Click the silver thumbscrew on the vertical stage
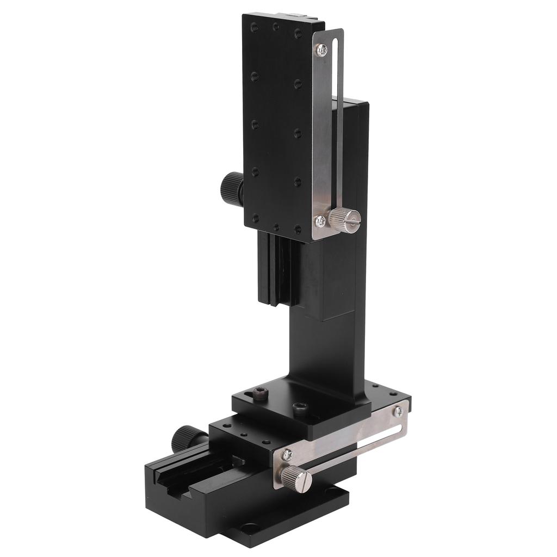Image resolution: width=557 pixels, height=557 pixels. click(345, 220)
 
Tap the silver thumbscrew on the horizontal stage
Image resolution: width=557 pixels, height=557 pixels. click(296, 478)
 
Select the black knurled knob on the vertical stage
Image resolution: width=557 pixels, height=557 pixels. click(232, 188)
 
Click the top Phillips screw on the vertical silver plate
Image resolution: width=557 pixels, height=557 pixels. click(322, 49)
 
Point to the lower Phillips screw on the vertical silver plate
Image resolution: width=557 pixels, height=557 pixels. click(320, 221)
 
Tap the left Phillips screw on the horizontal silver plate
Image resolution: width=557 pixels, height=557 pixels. click(287, 455)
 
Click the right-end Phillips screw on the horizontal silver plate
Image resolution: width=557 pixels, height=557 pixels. click(398, 412)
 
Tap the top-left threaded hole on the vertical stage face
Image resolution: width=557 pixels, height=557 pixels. click(254, 26)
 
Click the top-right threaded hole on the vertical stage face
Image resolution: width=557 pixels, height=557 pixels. click(298, 33)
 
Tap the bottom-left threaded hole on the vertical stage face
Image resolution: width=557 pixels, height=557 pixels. click(255, 218)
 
